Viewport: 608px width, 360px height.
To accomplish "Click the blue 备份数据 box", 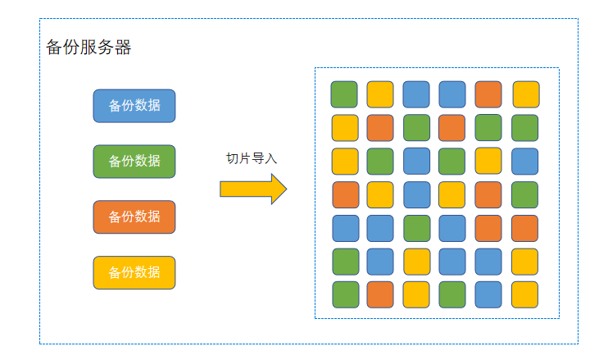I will pos(134,106).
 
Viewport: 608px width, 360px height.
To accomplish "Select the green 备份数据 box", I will pos(134,162).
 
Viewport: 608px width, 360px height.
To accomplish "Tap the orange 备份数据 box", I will pos(134,217).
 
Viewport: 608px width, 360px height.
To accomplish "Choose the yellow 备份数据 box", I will pos(134,273).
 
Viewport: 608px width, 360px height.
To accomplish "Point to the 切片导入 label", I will pos(252,158).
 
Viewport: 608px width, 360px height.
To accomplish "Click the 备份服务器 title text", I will pos(88,48).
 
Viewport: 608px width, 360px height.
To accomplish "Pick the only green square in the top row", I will pos(344,94).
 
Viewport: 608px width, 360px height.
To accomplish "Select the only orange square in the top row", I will pos(488,94).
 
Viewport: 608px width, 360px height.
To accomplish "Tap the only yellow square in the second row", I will pos(344,128).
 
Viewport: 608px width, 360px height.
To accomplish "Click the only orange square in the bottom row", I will pos(380,294).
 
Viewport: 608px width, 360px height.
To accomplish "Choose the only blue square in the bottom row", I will pos(488,294).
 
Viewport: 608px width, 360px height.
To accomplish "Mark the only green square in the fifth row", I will pos(416,228).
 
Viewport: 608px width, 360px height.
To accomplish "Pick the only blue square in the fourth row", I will pos(416,194).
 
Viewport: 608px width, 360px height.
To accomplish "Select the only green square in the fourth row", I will pos(525,194).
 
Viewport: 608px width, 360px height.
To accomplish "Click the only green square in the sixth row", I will pos(344,262).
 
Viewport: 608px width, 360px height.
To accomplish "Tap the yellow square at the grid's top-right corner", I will pos(525,94).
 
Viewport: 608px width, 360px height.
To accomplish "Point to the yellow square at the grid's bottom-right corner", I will pos(525,294).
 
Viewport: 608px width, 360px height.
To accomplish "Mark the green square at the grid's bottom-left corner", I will pos(344,294).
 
